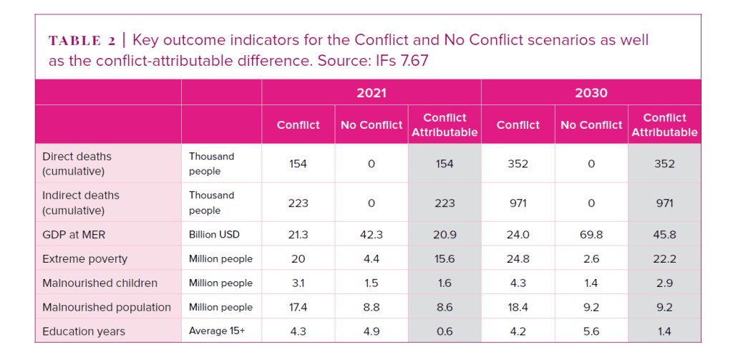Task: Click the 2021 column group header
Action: (x=372, y=92)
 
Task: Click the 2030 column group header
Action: (x=591, y=92)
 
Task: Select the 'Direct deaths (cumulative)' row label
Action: (x=77, y=164)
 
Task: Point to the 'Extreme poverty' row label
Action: (x=84, y=258)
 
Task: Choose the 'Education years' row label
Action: (x=84, y=331)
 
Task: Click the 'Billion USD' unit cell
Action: (x=214, y=234)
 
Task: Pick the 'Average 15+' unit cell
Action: (x=217, y=331)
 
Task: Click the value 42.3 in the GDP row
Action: (x=372, y=234)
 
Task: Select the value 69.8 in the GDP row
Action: (x=591, y=234)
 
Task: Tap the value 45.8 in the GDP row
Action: (x=664, y=234)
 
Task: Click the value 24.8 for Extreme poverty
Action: (x=518, y=258)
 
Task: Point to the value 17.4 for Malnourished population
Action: (x=298, y=307)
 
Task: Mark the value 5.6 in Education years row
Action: (x=591, y=331)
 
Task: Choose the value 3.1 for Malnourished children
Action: (x=298, y=283)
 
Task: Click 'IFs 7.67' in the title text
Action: (x=402, y=61)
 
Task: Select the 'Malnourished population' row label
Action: (x=107, y=307)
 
